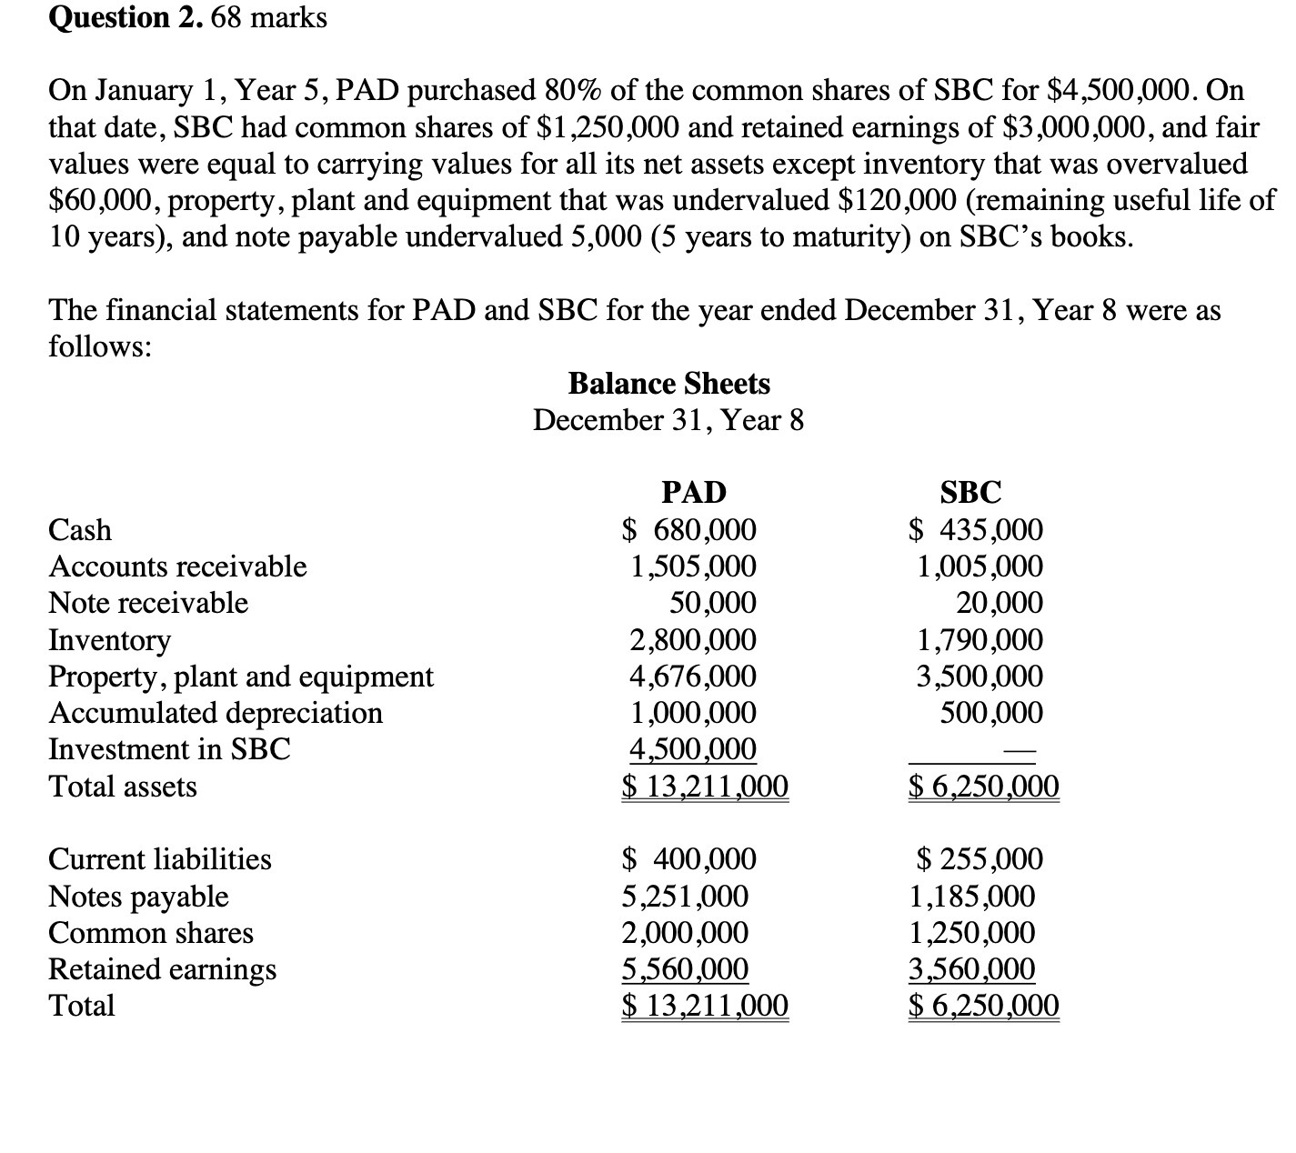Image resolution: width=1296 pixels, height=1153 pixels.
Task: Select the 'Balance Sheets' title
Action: (x=668, y=384)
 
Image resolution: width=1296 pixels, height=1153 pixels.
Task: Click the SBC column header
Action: (x=970, y=492)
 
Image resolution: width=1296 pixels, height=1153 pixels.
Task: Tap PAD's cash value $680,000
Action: (x=689, y=529)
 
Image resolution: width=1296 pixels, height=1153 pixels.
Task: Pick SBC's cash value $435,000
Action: (x=978, y=529)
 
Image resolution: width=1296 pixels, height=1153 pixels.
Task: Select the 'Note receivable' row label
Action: (x=147, y=603)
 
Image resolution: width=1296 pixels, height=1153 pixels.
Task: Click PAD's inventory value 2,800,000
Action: (x=693, y=640)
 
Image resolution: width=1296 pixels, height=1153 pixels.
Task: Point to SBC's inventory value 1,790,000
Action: (x=980, y=640)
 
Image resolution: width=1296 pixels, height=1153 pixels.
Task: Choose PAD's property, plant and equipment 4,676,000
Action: (x=693, y=677)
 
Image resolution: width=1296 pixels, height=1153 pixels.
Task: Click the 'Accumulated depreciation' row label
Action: (x=215, y=713)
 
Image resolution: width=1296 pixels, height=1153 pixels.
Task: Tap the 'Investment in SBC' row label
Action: (x=169, y=749)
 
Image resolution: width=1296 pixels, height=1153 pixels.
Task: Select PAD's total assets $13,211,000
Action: (x=705, y=787)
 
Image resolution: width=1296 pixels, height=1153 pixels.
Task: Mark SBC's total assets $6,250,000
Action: (x=984, y=787)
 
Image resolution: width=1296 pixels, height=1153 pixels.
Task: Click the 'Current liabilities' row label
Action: (x=159, y=859)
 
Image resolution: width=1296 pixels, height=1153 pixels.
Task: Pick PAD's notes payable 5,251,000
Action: (x=685, y=897)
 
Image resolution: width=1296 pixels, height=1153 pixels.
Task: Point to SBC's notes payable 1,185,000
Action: (x=972, y=897)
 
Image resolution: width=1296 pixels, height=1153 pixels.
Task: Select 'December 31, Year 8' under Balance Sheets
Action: (x=668, y=420)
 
